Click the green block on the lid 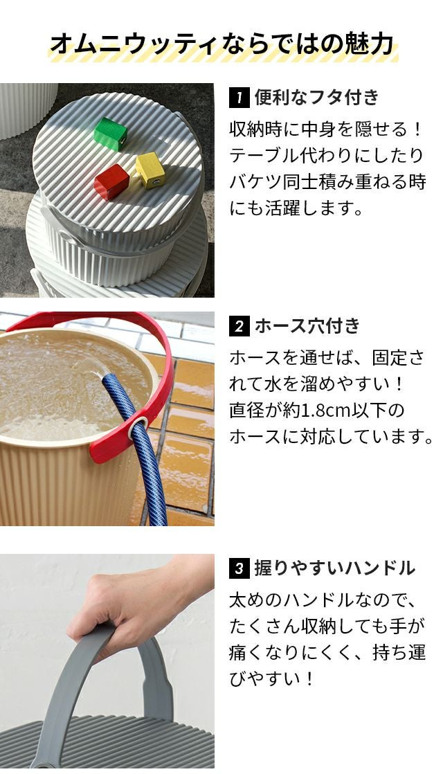111,134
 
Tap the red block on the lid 111,181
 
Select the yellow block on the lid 150,170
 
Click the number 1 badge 239,97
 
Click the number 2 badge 239,326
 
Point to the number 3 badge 239,568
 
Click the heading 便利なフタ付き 317,97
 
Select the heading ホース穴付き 307,326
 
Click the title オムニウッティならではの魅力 222,44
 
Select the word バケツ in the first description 255,182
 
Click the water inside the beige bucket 69,385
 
